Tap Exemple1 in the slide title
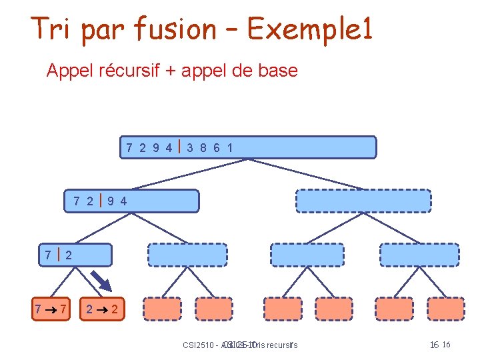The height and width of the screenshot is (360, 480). (309, 29)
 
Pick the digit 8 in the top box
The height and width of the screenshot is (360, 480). (204, 147)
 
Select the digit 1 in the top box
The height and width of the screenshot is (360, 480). (230, 147)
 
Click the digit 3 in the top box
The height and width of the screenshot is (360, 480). (191, 147)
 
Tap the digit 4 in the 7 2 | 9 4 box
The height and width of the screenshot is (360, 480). (123, 201)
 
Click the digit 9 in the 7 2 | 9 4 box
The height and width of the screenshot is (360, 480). (110, 201)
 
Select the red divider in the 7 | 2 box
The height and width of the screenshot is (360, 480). (57, 253)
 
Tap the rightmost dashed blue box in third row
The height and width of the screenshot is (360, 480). (419, 255)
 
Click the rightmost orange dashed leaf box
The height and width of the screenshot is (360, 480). (445, 309)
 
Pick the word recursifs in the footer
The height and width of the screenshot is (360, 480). (281, 345)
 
